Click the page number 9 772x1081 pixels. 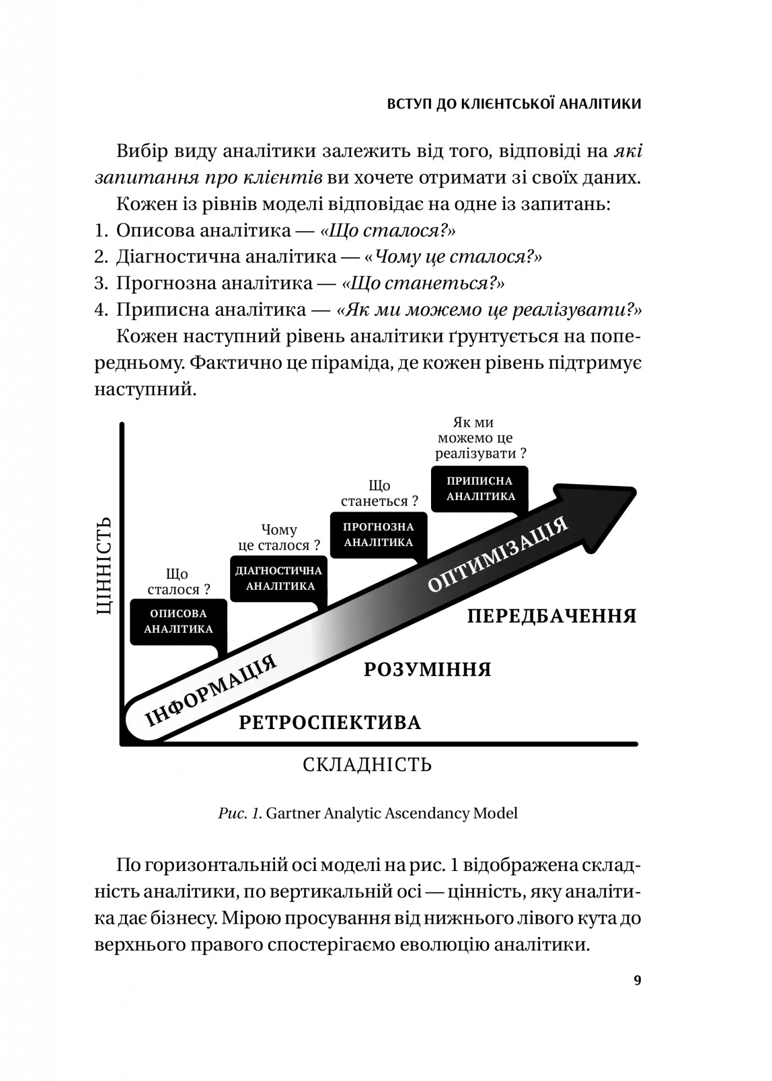(x=638, y=980)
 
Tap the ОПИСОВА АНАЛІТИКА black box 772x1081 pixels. (x=178, y=622)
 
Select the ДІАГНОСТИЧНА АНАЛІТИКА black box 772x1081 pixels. (x=279, y=578)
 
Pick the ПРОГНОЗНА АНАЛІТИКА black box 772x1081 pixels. (x=378, y=535)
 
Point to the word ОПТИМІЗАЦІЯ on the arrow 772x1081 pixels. (x=498, y=555)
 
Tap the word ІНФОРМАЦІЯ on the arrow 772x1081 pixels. (x=211, y=691)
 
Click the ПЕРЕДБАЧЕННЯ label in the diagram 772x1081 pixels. (x=551, y=616)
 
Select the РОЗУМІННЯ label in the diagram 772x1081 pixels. (x=428, y=669)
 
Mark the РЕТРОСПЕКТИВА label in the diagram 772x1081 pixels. (x=330, y=723)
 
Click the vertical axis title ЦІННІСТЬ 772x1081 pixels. (x=104, y=566)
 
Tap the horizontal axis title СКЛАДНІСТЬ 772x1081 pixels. (x=367, y=765)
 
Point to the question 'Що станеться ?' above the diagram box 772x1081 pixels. (x=379, y=493)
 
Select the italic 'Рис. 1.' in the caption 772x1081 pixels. (x=240, y=813)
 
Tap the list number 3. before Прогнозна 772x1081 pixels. (x=101, y=283)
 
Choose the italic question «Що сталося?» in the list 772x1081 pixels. (x=388, y=230)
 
